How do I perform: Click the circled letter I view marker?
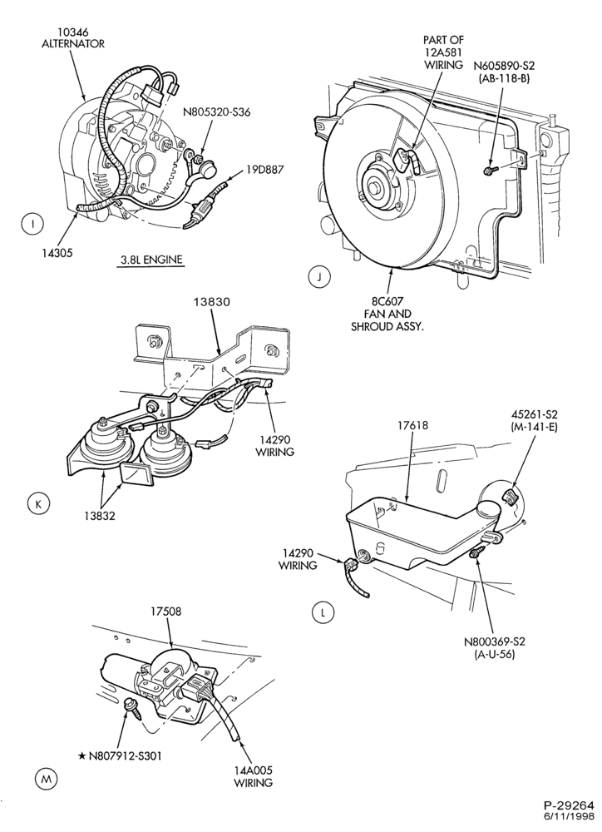point(33,224)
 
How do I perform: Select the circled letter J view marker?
point(318,276)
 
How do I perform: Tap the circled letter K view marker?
point(37,503)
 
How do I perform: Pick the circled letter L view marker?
point(322,613)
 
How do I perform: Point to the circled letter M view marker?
point(46,779)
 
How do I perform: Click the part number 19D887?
point(264,170)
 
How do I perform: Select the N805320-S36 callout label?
point(216,112)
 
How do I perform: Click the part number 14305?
point(57,253)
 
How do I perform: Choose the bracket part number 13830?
point(211,302)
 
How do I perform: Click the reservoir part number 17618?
point(412,425)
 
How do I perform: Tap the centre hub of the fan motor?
point(378,187)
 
